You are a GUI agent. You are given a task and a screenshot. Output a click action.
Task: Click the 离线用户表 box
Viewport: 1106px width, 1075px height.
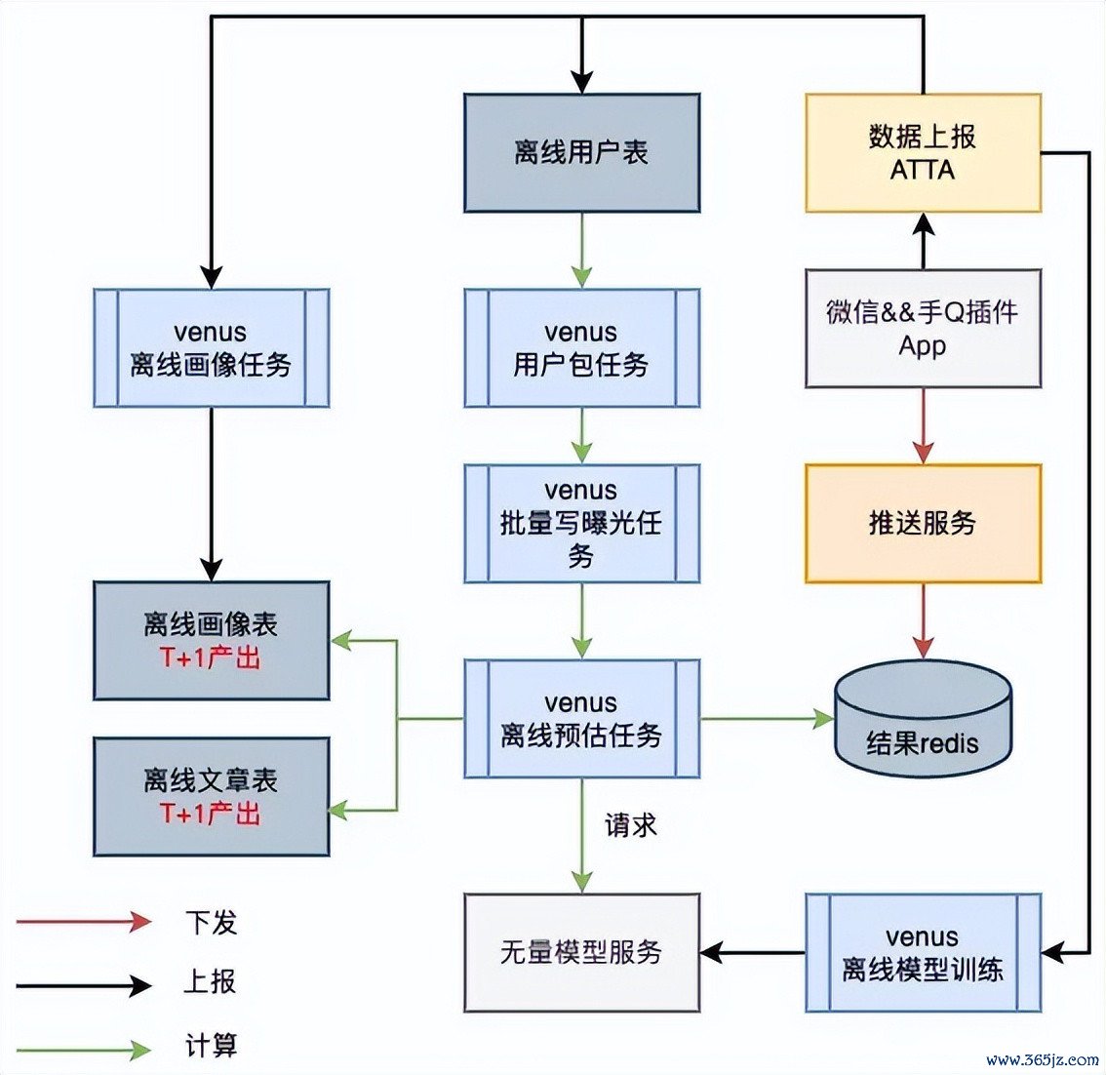(x=581, y=153)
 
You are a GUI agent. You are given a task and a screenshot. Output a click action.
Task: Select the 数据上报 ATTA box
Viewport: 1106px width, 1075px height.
(x=923, y=153)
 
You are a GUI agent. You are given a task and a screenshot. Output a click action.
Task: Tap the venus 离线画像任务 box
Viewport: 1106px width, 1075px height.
(x=211, y=348)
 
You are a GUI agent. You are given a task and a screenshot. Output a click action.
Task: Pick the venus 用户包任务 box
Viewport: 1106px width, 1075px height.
(x=581, y=348)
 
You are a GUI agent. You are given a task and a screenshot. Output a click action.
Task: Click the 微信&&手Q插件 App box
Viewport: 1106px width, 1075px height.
(x=923, y=329)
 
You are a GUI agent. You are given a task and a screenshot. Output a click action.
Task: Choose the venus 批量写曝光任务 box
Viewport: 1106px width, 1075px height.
(x=581, y=524)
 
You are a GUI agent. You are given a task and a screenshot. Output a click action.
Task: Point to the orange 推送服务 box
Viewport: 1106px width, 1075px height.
(x=923, y=524)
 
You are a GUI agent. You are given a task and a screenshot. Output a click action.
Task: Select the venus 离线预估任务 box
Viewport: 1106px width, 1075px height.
(x=581, y=719)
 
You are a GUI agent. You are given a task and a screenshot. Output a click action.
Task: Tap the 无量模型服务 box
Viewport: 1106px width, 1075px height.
(x=581, y=952)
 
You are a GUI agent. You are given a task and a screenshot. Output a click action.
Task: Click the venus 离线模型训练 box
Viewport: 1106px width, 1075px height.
(x=923, y=952)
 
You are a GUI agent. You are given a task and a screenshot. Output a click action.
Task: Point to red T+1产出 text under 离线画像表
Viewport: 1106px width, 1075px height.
(x=211, y=657)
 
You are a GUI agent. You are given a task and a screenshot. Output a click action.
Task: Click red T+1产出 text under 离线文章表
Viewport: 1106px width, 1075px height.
(x=211, y=813)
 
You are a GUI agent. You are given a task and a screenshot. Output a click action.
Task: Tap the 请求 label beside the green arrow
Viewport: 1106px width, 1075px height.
(x=631, y=825)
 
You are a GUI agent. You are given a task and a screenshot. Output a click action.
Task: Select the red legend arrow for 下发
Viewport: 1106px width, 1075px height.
(x=84, y=921)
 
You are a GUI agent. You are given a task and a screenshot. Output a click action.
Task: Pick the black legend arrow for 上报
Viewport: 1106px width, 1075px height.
(x=84, y=985)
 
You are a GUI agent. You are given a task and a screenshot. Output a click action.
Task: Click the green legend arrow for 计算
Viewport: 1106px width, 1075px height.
(x=84, y=1050)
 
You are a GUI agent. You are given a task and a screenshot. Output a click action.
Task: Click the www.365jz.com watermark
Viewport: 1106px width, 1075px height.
(x=1042, y=1059)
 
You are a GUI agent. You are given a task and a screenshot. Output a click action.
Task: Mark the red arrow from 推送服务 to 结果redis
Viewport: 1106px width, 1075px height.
(x=923, y=620)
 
